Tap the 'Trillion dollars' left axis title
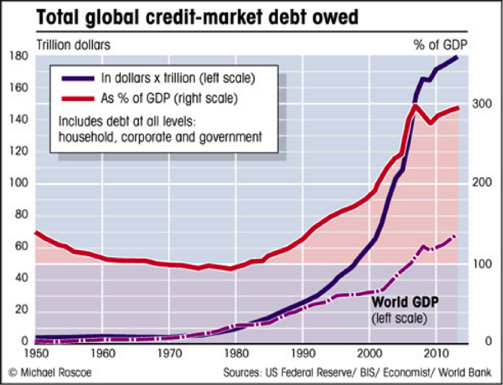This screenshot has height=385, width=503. click(x=73, y=45)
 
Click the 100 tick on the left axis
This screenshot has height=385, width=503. click(x=20, y=184)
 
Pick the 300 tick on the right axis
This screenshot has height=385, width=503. click(x=480, y=103)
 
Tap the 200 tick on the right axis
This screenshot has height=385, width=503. click(x=480, y=183)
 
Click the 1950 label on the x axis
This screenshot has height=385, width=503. click(x=35, y=354)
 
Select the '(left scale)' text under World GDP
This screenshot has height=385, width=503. click(x=400, y=319)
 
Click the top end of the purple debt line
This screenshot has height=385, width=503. click(x=456, y=57)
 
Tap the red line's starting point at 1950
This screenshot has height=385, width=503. click(x=36, y=232)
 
